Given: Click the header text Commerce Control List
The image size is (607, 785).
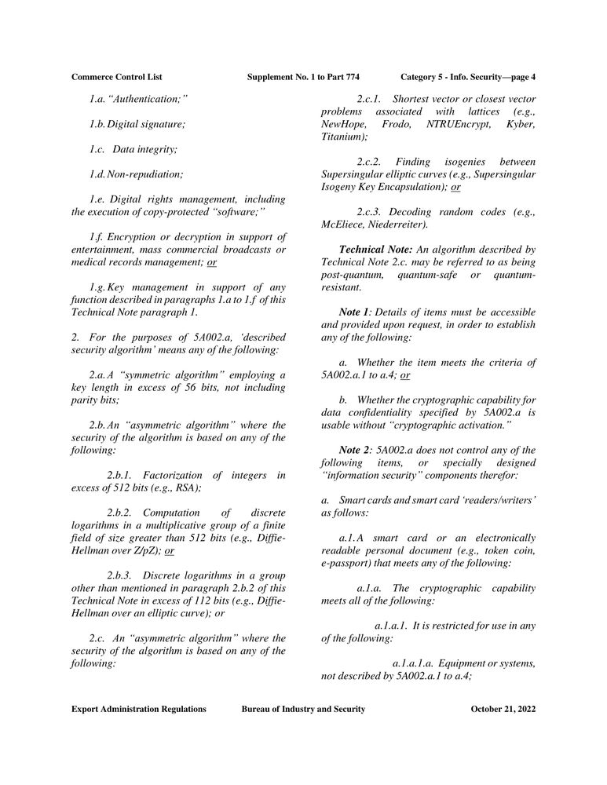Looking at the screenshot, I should click(116, 77).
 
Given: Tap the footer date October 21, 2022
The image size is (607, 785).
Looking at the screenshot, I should click(503, 709).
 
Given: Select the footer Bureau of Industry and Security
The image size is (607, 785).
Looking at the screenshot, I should click(303, 709).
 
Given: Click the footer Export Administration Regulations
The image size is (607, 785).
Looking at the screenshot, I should click(139, 709).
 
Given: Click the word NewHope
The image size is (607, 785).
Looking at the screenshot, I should click(342, 125).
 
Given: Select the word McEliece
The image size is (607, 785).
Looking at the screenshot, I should click(342, 225).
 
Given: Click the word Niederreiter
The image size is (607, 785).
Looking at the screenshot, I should click(397, 225).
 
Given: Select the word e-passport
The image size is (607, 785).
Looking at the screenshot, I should click(351, 563).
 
